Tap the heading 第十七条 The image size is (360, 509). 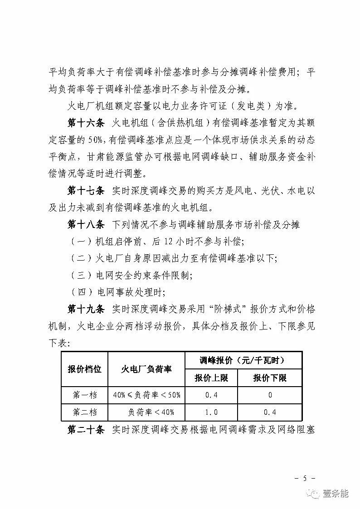click(86, 191)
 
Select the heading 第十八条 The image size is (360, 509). click(86, 225)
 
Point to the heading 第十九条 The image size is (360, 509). click(86, 310)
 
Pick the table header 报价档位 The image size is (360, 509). click(84, 369)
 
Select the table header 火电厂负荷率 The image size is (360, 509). click(146, 369)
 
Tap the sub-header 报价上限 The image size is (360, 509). click(211, 378)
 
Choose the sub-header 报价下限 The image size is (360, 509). click(270, 378)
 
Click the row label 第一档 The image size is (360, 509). click(85, 395)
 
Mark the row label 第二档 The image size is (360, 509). click(85, 412)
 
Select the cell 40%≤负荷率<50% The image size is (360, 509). click(146, 395)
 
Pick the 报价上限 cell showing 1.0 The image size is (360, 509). click(211, 412)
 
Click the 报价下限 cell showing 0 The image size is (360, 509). click(270, 395)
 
